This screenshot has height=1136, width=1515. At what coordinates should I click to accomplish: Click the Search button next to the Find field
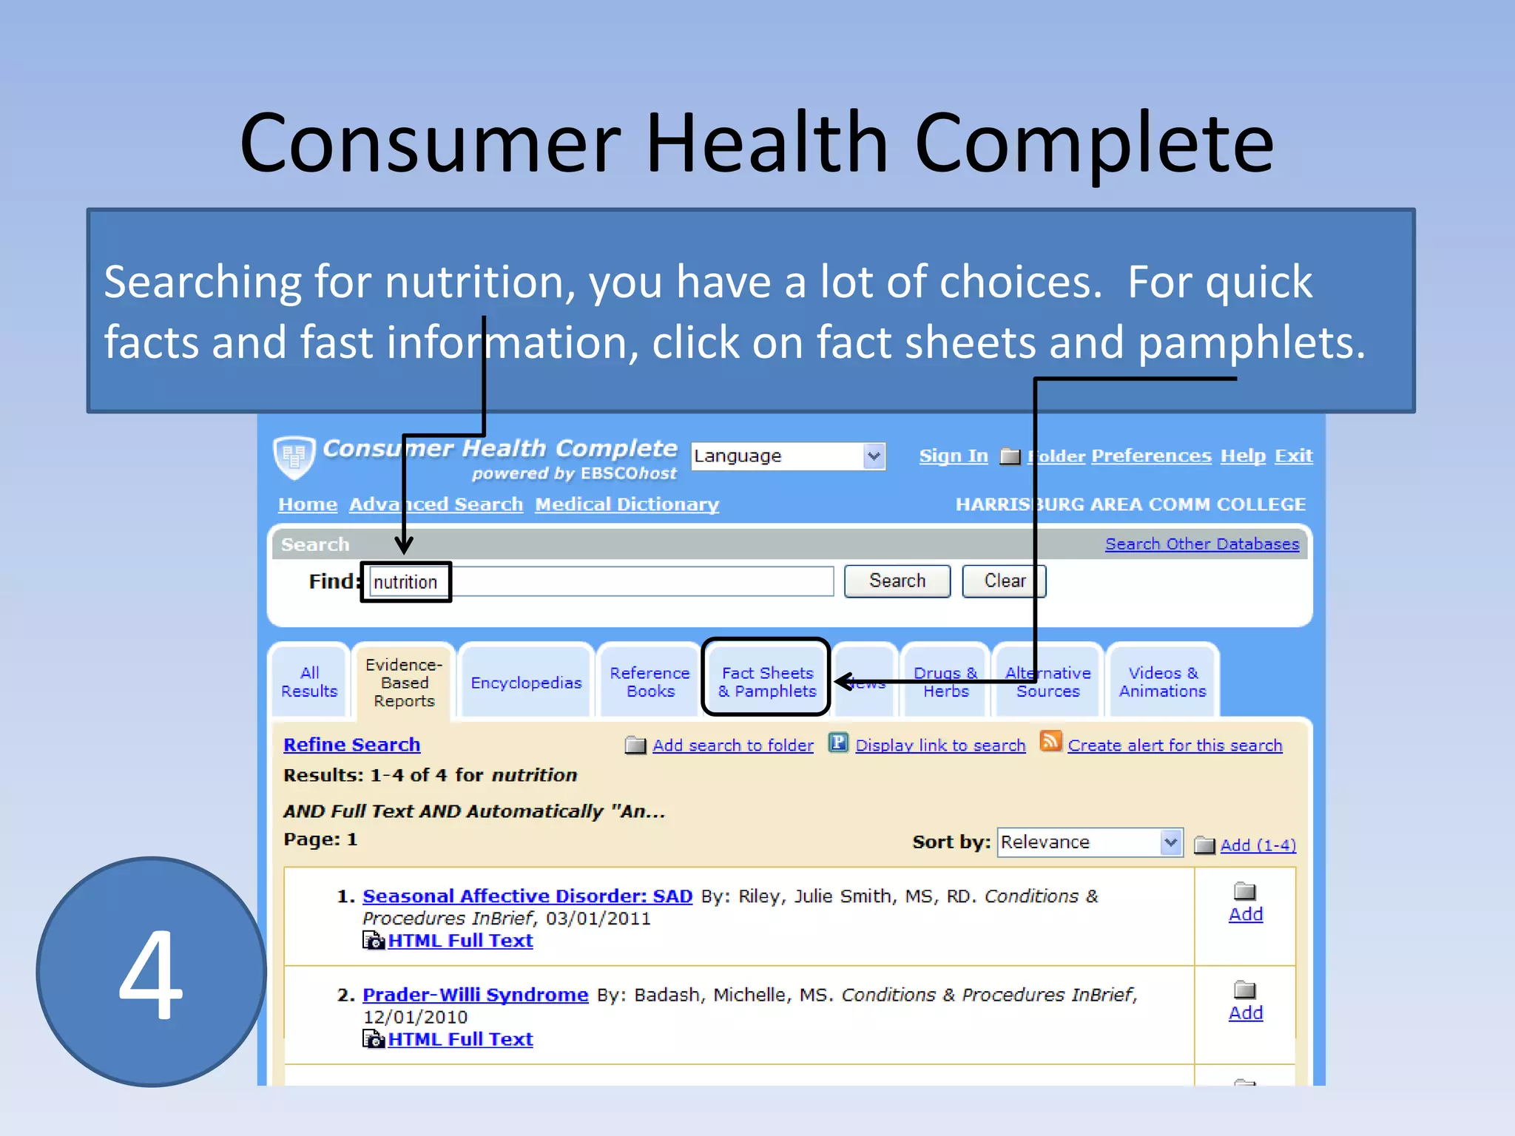[x=897, y=581]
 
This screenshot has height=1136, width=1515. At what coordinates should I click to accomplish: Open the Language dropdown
[x=788, y=456]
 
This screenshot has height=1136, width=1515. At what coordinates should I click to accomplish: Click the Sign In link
[x=954, y=456]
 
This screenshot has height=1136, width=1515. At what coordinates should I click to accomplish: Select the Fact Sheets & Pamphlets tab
[x=767, y=682]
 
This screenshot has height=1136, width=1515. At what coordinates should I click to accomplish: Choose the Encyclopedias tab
[x=526, y=683]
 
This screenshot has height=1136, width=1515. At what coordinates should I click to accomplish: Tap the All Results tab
[x=309, y=682]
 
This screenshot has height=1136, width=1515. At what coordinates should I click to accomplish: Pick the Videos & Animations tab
[x=1162, y=682]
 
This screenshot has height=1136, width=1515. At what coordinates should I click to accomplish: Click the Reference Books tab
[x=649, y=682]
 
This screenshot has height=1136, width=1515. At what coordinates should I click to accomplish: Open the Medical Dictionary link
[x=627, y=504]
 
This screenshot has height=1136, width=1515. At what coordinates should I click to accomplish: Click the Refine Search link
[x=351, y=745]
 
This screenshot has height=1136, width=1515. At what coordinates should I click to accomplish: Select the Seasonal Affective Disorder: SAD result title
[x=527, y=896]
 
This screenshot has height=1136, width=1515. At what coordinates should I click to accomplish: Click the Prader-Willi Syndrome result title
[x=475, y=995]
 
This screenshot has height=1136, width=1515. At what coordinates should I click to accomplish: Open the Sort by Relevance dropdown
[x=1090, y=842]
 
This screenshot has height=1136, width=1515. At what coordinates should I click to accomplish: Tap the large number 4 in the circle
[x=151, y=973]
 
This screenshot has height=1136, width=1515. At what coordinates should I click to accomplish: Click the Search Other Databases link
[x=1201, y=544]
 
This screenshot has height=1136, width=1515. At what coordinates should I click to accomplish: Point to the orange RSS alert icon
[x=1050, y=741]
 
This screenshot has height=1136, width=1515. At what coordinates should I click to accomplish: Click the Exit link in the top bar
[x=1293, y=456]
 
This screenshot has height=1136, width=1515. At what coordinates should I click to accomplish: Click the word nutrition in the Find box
[x=405, y=583]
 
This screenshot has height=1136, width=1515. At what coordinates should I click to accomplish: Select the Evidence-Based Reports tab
[x=404, y=682]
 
